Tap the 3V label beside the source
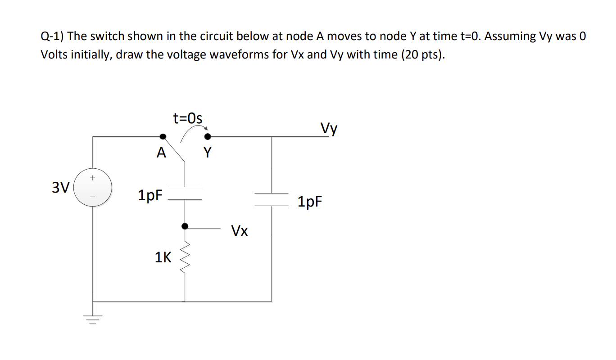[60, 187]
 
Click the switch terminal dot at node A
[163, 136]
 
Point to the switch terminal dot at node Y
[207, 136]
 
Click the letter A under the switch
[161, 153]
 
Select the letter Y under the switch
[207, 153]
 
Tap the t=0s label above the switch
[188, 118]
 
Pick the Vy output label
[329, 129]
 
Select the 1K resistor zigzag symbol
[185, 259]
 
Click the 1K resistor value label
[163, 258]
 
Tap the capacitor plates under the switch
[185, 193]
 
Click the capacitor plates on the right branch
[271, 199]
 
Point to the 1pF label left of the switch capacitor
[150, 195]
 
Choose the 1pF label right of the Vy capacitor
[310, 202]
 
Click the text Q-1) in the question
[53, 36]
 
